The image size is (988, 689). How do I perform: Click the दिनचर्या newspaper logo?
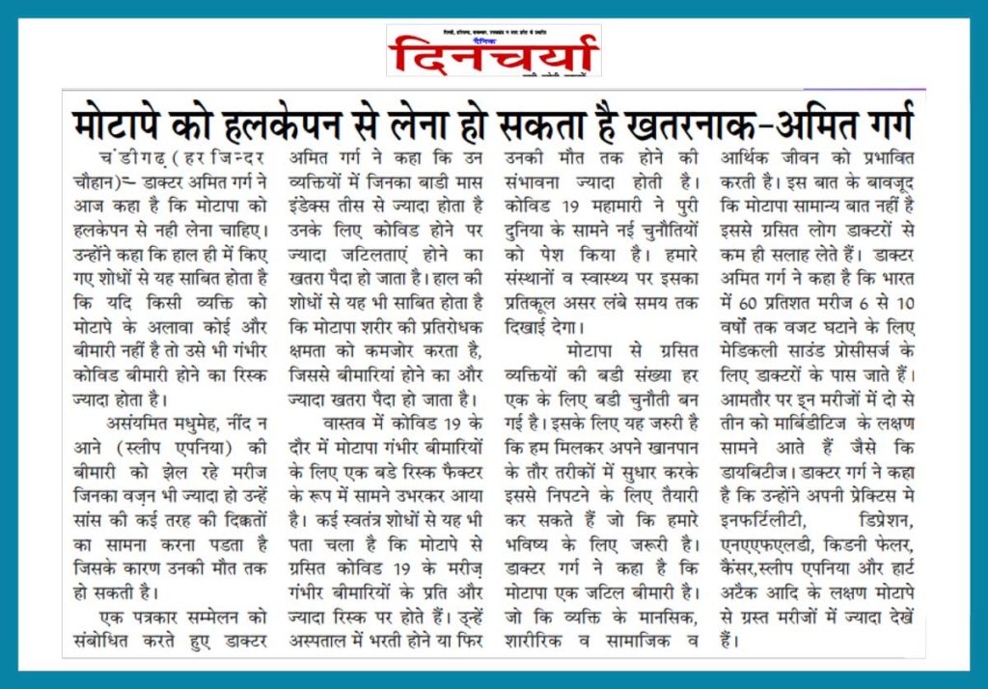click(493, 54)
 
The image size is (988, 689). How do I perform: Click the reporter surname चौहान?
click(95, 180)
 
